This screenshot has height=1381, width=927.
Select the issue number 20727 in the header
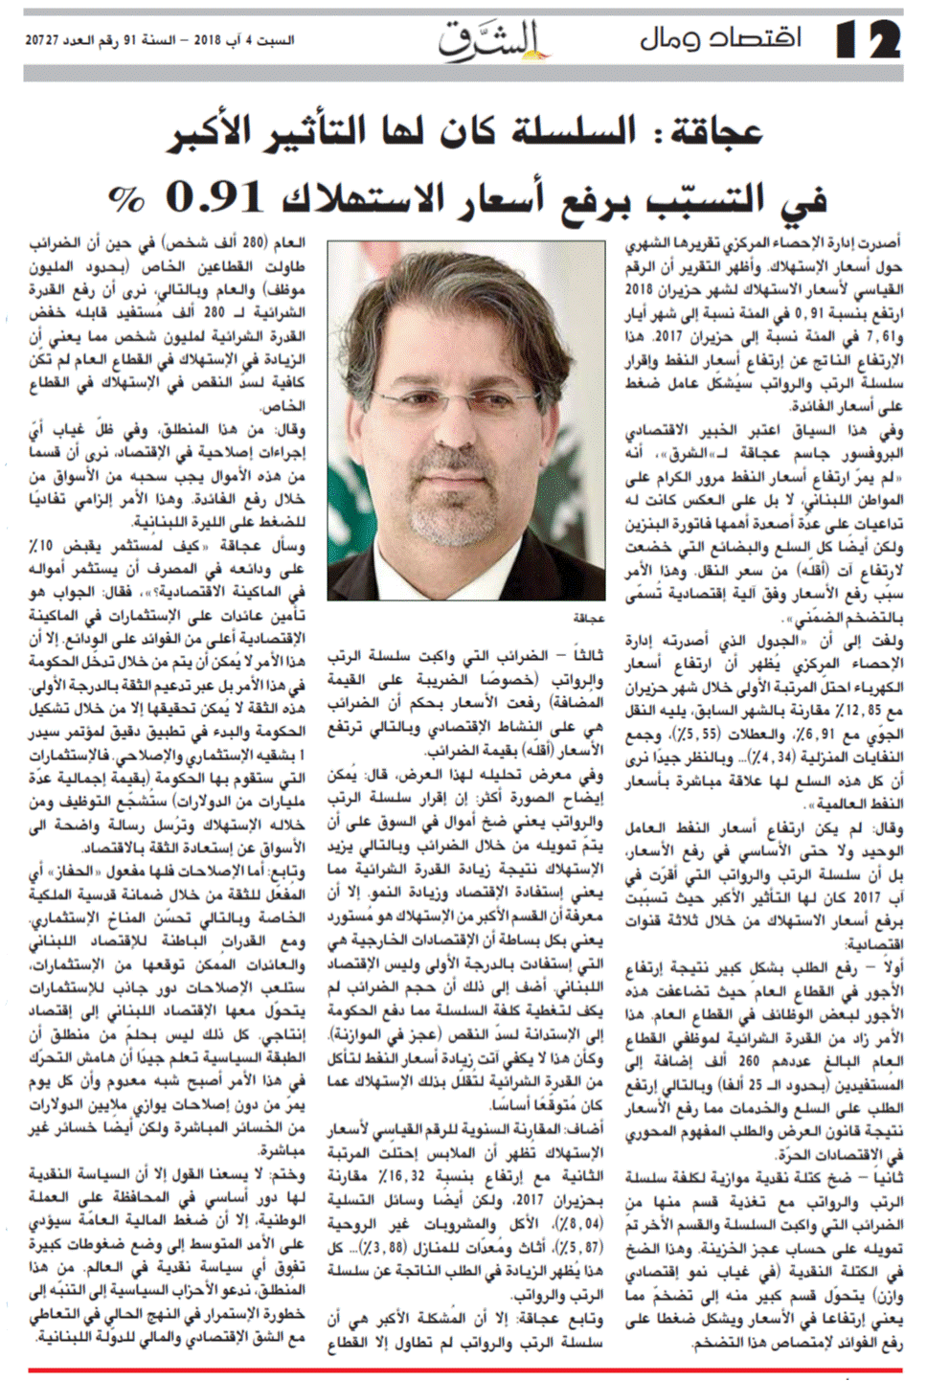(x=49, y=41)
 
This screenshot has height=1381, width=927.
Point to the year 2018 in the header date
(x=207, y=41)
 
